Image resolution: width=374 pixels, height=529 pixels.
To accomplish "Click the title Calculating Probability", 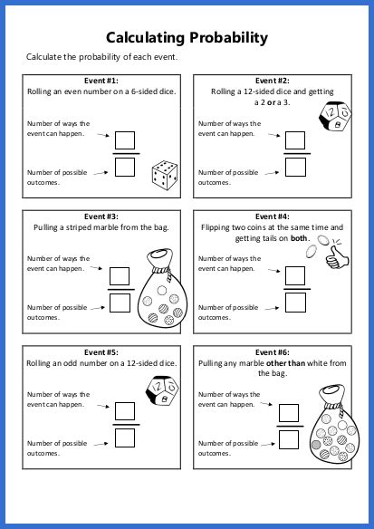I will click(187, 37).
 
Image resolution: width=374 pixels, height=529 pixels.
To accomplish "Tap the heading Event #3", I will click(100, 216).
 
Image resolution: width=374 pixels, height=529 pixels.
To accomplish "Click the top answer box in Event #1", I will click(125, 140).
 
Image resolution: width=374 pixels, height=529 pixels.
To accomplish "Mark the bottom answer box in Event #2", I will click(294, 167).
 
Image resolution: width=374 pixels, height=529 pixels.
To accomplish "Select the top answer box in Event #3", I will click(120, 276).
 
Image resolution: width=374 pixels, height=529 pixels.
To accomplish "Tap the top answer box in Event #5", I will click(125, 412).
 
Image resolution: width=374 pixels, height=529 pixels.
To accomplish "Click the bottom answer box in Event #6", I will click(289, 438).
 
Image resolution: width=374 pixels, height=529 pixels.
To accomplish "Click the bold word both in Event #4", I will click(299, 238).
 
